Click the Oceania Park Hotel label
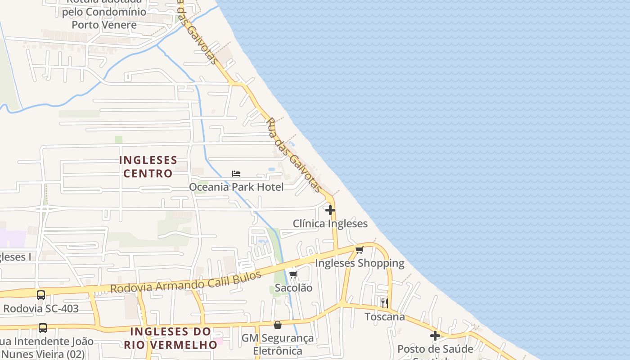236,187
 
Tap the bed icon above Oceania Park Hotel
236,173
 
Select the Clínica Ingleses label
330,224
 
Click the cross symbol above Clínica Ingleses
330,210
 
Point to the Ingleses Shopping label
360,263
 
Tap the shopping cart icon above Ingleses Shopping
359,250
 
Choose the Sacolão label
293,288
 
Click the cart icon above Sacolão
293,275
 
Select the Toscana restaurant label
385,317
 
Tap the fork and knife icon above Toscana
384,303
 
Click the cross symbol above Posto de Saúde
435,336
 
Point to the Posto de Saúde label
435,349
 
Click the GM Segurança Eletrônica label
278,344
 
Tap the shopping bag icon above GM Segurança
278,325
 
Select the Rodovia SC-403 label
41,309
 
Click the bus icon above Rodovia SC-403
41,295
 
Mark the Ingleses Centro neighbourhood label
148,167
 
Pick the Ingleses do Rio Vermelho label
171,338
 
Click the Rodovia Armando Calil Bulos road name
186,283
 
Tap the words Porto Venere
104,25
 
